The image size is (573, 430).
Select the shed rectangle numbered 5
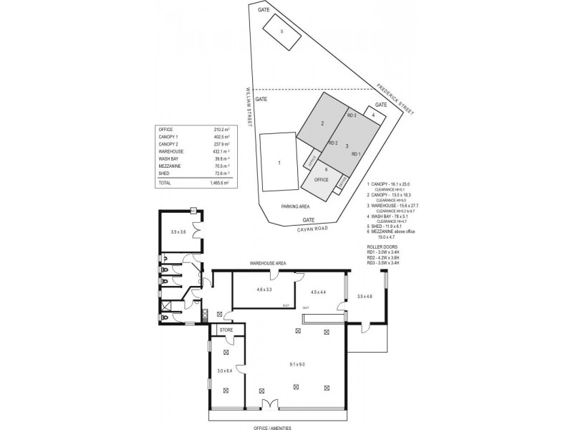click(282, 32)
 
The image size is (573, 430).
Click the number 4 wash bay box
click(373, 115)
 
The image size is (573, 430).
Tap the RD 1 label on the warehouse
click(356, 154)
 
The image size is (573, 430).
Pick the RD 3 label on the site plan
click(352, 115)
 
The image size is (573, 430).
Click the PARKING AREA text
click(294, 205)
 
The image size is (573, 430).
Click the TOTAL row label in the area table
click(166, 183)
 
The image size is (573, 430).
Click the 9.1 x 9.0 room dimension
click(297, 365)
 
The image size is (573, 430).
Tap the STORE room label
click(226, 330)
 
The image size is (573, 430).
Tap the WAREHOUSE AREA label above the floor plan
click(267, 264)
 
